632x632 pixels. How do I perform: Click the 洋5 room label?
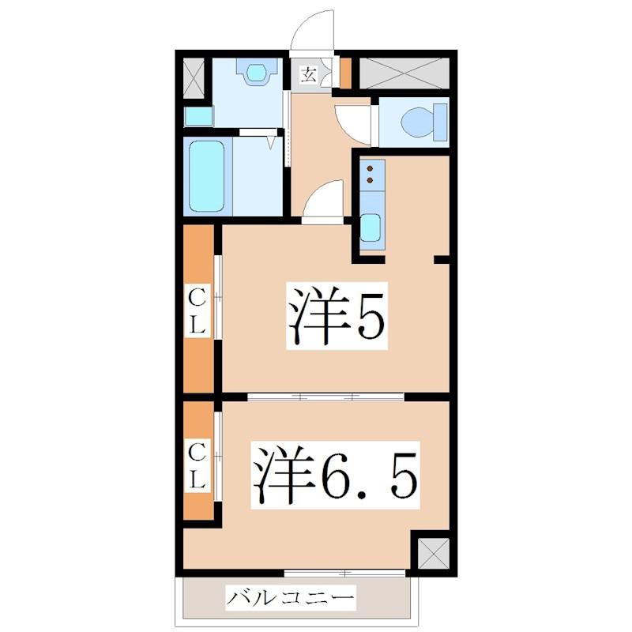point(337,315)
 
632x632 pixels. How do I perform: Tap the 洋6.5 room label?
point(335,475)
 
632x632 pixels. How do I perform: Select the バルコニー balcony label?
point(290,597)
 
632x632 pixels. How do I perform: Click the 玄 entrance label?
point(309,75)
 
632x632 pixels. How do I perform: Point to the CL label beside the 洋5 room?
point(197,310)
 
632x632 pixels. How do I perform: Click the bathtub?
point(206,176)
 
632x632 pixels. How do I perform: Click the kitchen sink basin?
point(371,228)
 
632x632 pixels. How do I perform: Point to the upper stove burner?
point(370,168)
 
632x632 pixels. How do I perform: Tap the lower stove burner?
point(370,180)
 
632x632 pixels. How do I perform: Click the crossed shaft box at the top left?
point(194,78)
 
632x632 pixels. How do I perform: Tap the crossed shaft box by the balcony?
point(433,554)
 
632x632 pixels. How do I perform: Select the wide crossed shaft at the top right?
point(404,73)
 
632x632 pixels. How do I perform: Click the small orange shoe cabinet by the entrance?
point(345,73)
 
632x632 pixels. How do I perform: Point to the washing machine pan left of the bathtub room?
point(198,117)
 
